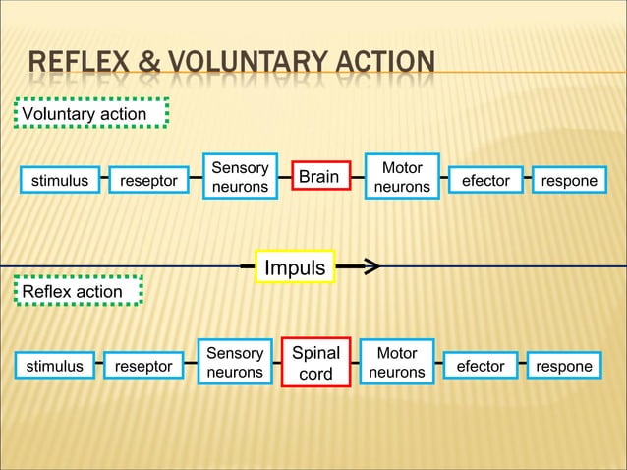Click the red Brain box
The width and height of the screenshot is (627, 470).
pyautogui.click(x=319, y=177)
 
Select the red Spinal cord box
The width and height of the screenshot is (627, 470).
pyautogui.click(x=316, y=363)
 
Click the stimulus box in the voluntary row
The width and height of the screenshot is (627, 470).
pyautogui.click(x=59, y=181)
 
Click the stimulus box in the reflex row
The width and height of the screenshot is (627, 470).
pyautogui.click(x=54, y=367)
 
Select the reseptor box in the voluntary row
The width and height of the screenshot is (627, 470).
pyautogui.click(x=148, y=181)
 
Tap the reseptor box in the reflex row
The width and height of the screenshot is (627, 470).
pyautogui.click(x=143, y=367)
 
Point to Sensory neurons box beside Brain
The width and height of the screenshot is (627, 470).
pyautogui.click(x=240, y=177)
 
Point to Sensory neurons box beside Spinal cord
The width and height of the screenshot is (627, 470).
pyautogui.click(x=235, y=362)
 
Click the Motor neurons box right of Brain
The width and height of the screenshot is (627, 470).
pyautogui.click(x=402, y=177)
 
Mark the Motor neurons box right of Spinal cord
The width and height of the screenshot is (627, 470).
pyautogui.click(x=397, y=362)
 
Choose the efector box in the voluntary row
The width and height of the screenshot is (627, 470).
pyautogui.click(x=485, y=181)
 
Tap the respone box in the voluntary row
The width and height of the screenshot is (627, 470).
pyautogui.click(x=569, y=181)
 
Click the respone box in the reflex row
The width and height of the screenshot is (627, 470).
pyautogui.click(x=564, y=367)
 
